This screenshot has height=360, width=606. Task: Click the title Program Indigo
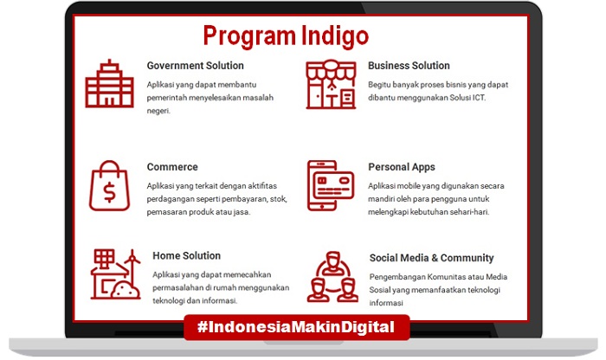286,36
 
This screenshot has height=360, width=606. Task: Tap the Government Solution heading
195,66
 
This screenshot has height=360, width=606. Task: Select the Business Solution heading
409,66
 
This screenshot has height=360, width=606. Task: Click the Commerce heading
172,167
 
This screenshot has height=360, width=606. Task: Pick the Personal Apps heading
402,167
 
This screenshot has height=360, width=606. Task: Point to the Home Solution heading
187,255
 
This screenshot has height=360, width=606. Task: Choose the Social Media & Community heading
432,258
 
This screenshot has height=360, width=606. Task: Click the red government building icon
110,83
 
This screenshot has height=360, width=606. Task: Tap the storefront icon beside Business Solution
331,84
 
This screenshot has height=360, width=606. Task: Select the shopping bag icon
109,186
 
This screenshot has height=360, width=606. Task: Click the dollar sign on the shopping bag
109,192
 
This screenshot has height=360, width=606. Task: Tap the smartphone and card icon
331,186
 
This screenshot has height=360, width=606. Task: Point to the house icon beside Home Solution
115,274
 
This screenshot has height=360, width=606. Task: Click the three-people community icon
332,277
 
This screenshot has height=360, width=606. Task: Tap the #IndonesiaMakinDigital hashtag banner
296,328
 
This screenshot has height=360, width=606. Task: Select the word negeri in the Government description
158,112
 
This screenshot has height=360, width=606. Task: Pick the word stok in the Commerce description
277,199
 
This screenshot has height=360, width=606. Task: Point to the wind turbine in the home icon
132,267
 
